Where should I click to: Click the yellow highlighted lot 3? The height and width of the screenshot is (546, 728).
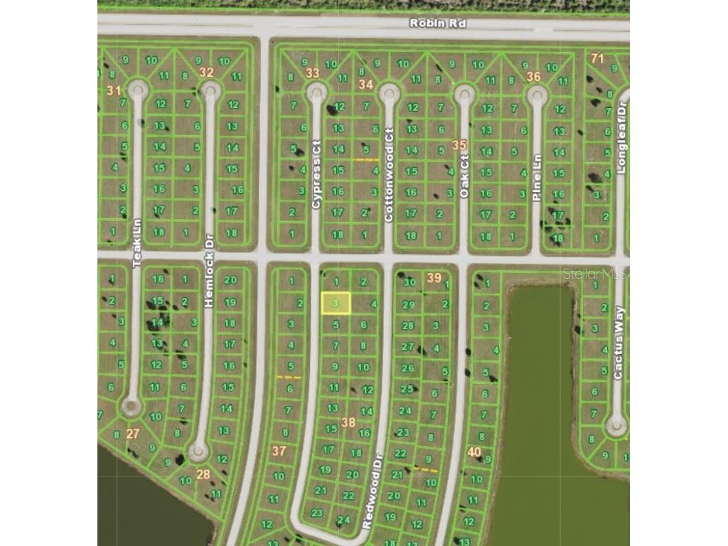(x=336, y=304)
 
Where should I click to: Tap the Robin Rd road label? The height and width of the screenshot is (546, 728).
(x=437, y=23)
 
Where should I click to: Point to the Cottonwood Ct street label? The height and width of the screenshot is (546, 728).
(x=389, y=175)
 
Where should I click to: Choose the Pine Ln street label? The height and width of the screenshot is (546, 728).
(x=537, y=177)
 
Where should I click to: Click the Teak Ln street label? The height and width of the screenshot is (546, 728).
(x=137, y=242)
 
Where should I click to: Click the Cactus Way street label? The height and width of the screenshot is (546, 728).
(x=618, y=343)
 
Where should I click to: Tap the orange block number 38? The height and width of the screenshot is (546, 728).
(x=348, y=422)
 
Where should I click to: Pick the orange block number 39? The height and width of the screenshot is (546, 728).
(x=434, y=277)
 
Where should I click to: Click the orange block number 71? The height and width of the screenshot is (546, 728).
(x=597, y=58)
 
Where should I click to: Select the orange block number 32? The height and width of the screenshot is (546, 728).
(x=206, y=72)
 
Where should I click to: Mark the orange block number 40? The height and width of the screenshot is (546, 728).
(x=474, y=451)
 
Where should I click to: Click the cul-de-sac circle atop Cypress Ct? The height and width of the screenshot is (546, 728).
(x=316, y=92)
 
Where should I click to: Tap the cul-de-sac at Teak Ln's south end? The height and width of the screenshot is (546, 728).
(x=130, y=407)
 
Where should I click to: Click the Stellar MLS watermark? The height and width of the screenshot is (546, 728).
(x=594, y=273)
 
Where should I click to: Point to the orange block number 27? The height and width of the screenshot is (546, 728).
(x=133, y=433)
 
